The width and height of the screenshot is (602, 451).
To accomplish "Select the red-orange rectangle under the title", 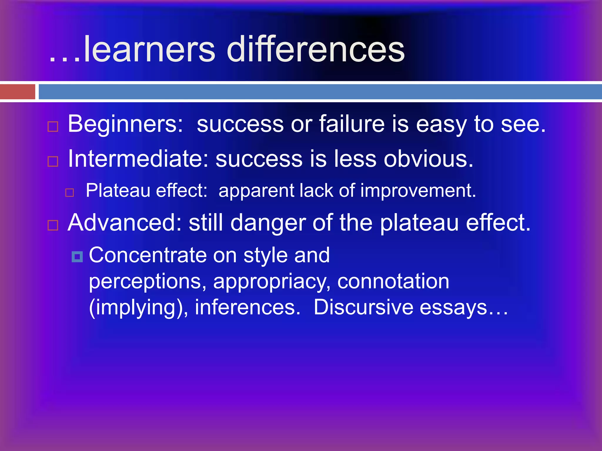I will (x=17, y=92).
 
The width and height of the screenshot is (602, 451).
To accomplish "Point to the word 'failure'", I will (x=352, y=124).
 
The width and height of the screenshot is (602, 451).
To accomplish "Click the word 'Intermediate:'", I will (x=138, y=159).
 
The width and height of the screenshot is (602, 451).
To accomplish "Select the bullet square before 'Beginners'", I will (x=53, y=127).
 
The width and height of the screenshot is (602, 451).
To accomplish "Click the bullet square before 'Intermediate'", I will (x=53, y=161).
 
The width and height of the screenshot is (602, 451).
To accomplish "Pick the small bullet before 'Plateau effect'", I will (x=70, y=193).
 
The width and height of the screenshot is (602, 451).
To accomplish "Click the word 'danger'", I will (x=268, y=223).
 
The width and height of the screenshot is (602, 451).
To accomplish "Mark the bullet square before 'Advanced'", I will (x=53, y=225).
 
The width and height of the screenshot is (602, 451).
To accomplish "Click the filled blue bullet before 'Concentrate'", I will (x=77, y=257).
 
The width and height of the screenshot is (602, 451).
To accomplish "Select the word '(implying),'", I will (x=138, y=308).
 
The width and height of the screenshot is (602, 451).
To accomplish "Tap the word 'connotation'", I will (x=393, y=281).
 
